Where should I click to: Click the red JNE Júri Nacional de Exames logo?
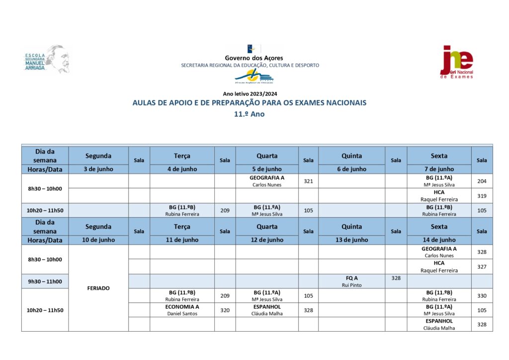[x=457, y=61]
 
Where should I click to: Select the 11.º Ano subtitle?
[x=250, y=114]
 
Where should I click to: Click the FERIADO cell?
[x=98, y=288]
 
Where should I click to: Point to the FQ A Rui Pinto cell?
[x=351, y=281]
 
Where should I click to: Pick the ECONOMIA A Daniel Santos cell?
[x=182, y=310]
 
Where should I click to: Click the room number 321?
[x=308, y=181]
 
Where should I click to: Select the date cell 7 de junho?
[x=439, y=169]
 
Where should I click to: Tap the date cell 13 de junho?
[x=351, y=240]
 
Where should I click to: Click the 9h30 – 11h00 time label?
[x=45, y=281]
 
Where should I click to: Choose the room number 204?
[x=482, y=181]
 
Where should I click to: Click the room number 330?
[x=482, y=296]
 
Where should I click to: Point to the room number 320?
[x=225, y=310]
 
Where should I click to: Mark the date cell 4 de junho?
[x=182, y=169]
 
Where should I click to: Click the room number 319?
[x=482, y=195]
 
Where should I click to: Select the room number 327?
[x=482, y=267]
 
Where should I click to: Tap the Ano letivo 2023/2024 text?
[x=250, y=93]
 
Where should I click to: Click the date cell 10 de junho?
[x=98, y=240]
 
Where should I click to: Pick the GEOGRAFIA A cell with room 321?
[x=267, y=181]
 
